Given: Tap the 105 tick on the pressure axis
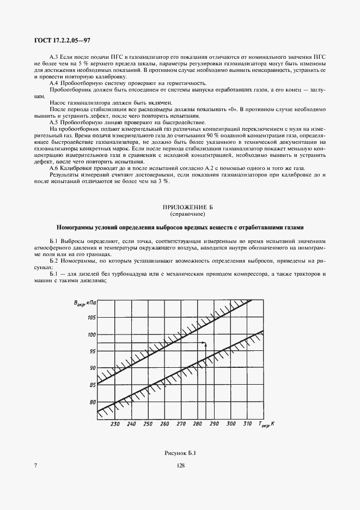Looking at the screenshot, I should (x=91, y=318).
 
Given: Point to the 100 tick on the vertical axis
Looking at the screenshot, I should (x=91, y=335).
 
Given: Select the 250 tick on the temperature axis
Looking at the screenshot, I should (x=148, y=424).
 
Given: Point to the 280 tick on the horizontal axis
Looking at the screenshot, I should (x=197, y=424).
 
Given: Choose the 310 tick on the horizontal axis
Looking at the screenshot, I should (x=247, y=424).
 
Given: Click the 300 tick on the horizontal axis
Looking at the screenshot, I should (x=230, y=424).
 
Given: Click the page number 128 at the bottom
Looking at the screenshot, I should (x=180, y=465).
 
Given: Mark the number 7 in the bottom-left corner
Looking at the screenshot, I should (x=35, y=465).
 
